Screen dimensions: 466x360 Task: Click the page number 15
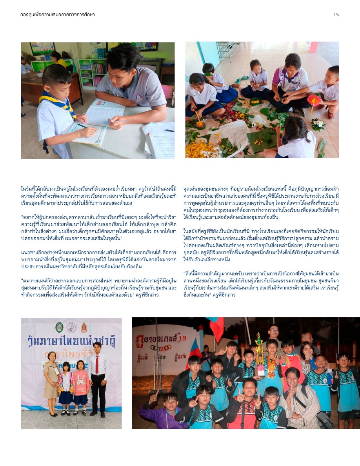pyautogui.click(x=336, y=15)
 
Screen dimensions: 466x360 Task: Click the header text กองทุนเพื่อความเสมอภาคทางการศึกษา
pyautogui.click(x=58, y=15)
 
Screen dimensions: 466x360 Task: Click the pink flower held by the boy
pyautogui.click(x=314, y=100)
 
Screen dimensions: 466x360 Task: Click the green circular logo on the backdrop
pyautogui.click(x=59, y=326)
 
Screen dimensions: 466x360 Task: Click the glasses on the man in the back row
pyautogui.click(x=274, y=330)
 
